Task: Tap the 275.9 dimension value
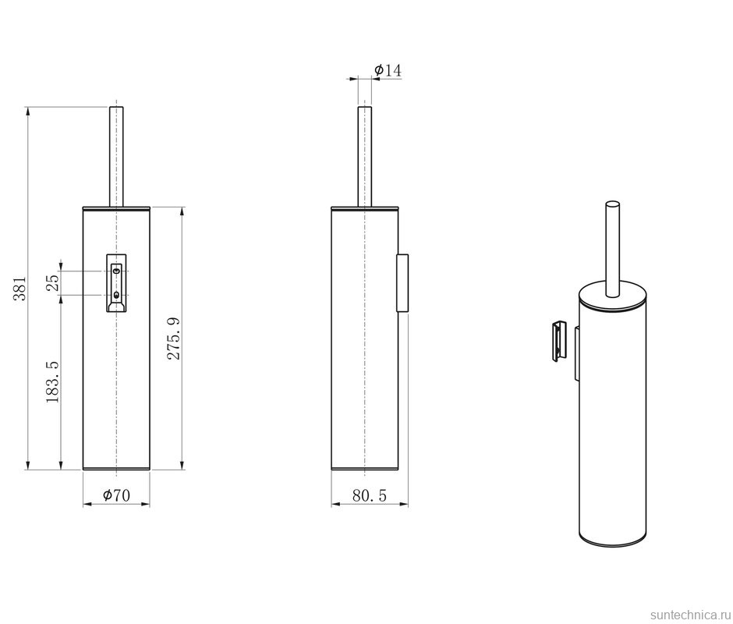pyautogui.click(x=175, y=338)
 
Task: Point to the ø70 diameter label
pyautogui.click(x=116, y=495)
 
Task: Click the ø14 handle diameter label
pyautogui.click(x=388, y=71)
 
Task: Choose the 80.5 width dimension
pyautogui.click(x=370, y=495)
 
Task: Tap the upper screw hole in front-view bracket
pyautogui.click(x=116, y=271)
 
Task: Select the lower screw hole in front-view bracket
pyautogui.click(x=116, y=294)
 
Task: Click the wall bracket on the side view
pyautogui.click(x=403, y=282)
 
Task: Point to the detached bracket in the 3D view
pyautogui.click(x=559, y=341)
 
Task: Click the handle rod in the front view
pyautogui.click(x=116, y=156)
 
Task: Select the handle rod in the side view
pyautogui.click(x=364, y=156)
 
